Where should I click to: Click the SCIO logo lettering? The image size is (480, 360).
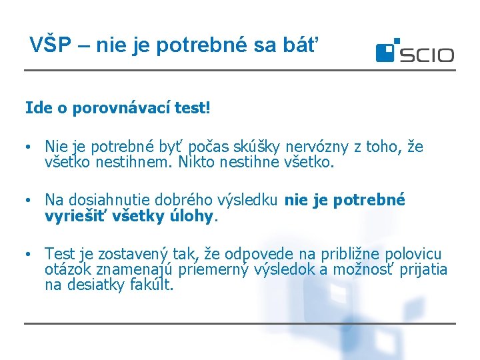pyautogui.click(x=427, y=55)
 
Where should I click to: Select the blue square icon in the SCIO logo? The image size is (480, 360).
pyautogui.click(x=387, y=51)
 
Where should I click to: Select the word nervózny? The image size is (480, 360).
pyautogui.click(x=313, y=147)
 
